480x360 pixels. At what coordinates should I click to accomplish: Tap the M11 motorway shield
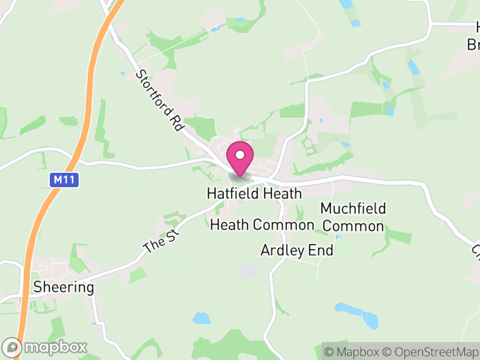(63, 179)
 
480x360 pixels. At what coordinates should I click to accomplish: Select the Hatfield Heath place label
(254, 194)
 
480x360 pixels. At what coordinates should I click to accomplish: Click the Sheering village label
(64, 287)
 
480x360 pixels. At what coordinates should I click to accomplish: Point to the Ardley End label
(296, 250)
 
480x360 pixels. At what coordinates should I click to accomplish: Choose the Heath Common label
(262, 225)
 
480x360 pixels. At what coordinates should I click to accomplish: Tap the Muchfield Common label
(353, 217)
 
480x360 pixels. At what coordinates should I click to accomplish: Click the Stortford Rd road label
(159, 100)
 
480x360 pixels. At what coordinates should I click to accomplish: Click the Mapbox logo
(47, 347)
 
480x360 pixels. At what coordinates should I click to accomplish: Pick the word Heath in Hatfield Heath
(282, 194)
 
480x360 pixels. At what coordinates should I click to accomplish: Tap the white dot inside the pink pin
(240, 155)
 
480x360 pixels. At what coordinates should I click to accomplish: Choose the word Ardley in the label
(283, 250)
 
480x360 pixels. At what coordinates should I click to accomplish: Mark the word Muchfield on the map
(353, 209)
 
